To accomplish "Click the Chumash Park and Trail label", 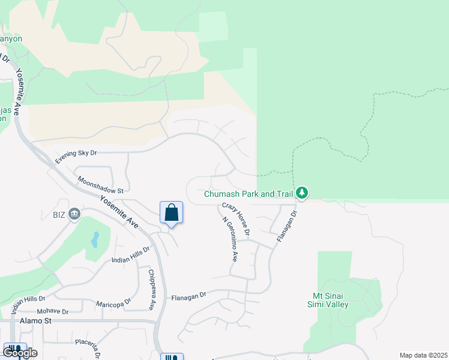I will point(248,194).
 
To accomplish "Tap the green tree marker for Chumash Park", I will point(303,193).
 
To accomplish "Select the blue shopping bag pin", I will point(171,213).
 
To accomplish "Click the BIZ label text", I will point(58,214).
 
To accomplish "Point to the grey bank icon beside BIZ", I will point(75,214).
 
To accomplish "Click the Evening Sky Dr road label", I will point(76,157).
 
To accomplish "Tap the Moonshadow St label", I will point(100,184).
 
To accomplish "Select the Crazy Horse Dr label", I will point(236,218).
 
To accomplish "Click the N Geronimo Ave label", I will point(230,239).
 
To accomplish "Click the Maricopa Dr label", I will point(112,301).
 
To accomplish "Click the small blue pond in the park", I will point(95,240).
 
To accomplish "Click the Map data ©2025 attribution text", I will point(423,355).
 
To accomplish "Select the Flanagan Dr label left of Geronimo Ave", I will point(188,296).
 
